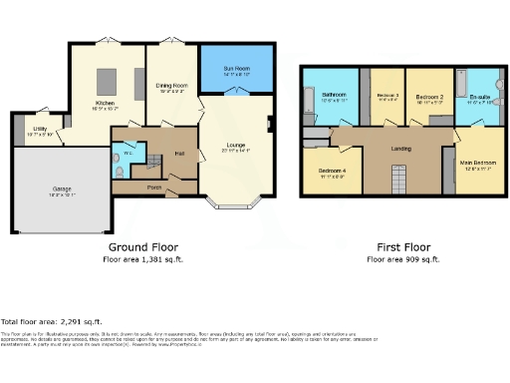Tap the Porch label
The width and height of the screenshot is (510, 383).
(x=154, y=187)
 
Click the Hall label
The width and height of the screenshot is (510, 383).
(x=180, y=153)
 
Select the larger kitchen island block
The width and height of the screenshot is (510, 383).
(x=105, y=81)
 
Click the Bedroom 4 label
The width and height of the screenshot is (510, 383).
(x=332, y=172)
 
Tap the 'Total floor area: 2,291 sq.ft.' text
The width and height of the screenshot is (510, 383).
(x=51, y=322)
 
